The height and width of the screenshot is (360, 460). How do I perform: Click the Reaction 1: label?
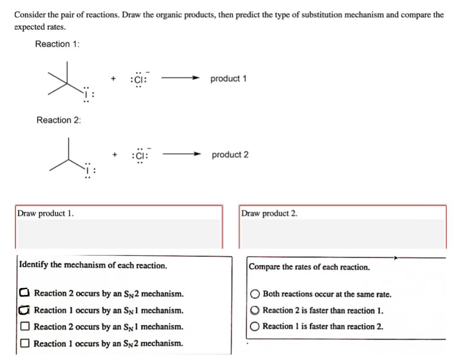58,44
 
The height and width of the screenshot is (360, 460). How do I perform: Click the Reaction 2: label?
58,120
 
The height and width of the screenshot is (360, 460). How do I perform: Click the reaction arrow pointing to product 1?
180,79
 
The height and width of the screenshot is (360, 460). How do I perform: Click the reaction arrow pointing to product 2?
181,154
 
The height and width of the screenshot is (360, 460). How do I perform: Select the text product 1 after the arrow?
228,79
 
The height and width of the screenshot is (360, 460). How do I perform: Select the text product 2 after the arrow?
230,155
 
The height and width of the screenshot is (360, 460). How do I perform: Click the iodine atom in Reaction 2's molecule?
88,171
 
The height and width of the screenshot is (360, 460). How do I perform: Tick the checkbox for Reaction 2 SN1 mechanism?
25,327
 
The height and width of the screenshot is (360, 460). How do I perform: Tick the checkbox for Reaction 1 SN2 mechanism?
25,343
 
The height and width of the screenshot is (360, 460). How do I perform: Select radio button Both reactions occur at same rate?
255,294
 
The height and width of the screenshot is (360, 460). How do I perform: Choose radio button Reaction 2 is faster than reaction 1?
255,311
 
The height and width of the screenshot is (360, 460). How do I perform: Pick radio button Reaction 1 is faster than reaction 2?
255,327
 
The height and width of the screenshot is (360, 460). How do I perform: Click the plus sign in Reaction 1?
114,79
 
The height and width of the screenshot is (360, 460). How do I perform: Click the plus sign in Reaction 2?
115,155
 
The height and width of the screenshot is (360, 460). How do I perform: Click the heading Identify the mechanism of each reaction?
93,265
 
